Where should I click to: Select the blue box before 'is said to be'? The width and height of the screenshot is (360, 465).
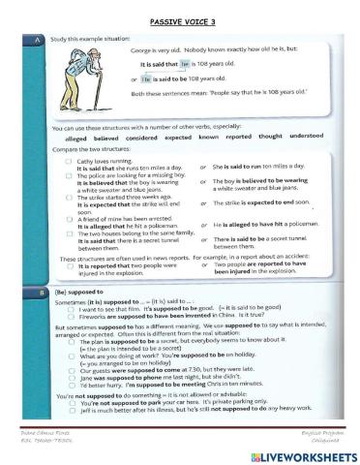point(146,78)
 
